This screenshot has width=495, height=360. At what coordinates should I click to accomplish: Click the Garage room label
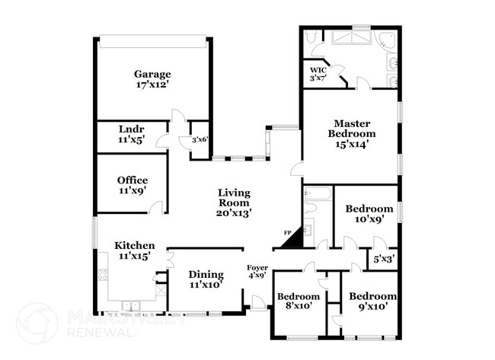pyautogui.click(x=152, y=74)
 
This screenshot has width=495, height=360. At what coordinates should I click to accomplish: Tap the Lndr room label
pyautogui.click(x=132, y=129)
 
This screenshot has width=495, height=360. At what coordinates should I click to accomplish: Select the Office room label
pyautogui.click(x=132, y=180)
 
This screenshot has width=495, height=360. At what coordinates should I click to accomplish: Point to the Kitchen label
pyautogui.click(x=135, y=245)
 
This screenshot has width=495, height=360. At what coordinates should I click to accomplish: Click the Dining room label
pyautogui.click(x=206, y=275)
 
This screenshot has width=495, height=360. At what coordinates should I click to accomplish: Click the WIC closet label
pyautogui.click(x=318, y=68)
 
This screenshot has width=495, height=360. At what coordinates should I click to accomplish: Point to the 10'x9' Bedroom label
pyautogui.click(x=369, y=209)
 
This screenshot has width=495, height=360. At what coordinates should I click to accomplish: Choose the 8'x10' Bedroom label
pyautogui.click(x=298, y=296)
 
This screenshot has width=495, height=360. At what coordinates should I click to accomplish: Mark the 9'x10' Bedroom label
pyautogui.click(x=373, y=296)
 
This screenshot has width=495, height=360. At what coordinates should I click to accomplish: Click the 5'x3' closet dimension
pyautogui.click(x=383, y=260)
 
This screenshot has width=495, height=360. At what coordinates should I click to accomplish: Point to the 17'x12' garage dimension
pyautogui.click(x=152, y=85)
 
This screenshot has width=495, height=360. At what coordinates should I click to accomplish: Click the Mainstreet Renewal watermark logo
pyautogui.click(x=36, y=323)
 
